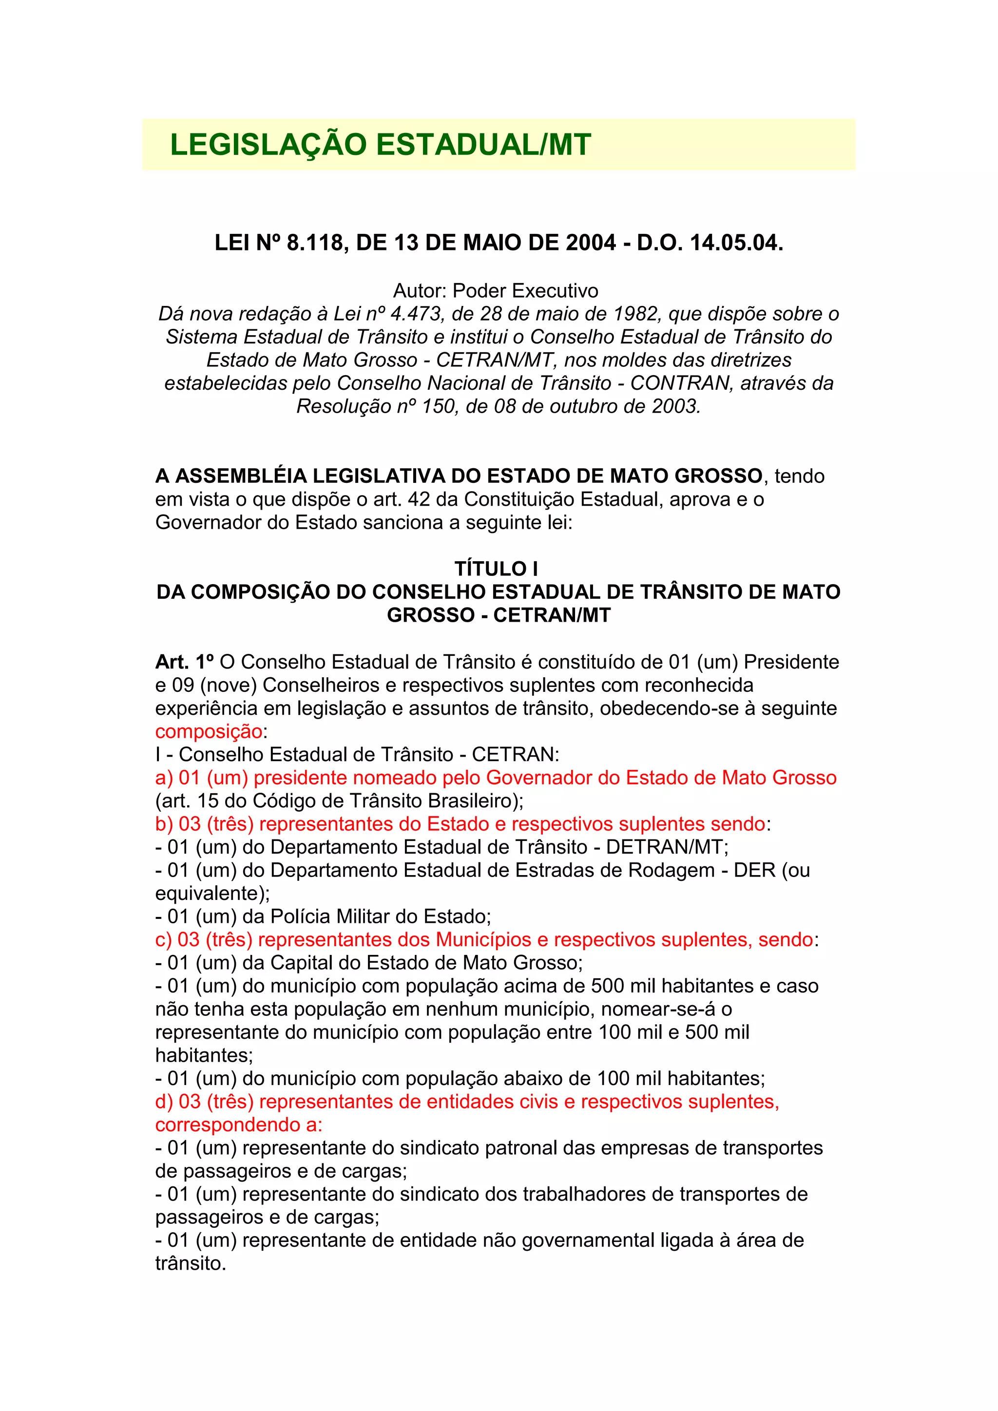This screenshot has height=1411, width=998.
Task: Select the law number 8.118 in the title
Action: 315,243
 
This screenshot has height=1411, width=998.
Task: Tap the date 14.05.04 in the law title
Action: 734,243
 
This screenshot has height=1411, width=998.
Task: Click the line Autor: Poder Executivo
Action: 495,291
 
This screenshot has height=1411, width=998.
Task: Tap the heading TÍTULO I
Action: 496,569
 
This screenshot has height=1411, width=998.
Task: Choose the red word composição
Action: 209,731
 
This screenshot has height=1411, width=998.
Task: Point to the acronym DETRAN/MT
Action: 666,847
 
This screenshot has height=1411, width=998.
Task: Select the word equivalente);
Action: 212,893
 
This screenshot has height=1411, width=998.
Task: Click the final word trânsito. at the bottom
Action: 191,1263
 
